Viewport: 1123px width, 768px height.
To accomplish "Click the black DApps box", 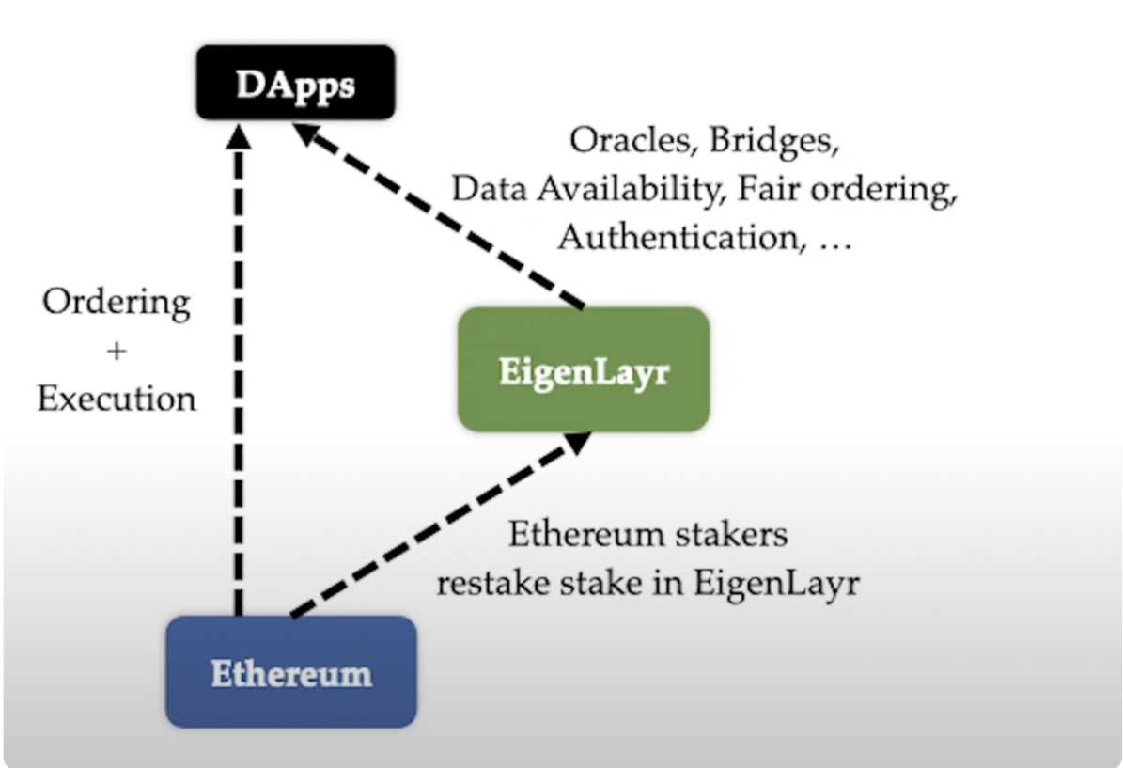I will pyautogui.click(x=295, y=83).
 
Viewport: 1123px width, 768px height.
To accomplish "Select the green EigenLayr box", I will pyautogui.click(x=583, y=369).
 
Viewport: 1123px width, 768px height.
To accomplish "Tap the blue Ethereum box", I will pyautogui.click(x=290, y=672).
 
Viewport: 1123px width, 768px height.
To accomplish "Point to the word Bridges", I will pyautogui.click(x=773, y=141).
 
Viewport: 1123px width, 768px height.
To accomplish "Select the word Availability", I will pyautogui.click(x=629, y=189).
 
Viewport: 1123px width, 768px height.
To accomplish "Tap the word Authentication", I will pyautogui.click(x=676, y=236).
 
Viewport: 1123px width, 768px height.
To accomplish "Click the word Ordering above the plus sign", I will pyautogui.click(x=117, y=303).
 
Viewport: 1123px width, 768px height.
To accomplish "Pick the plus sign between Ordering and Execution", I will pyautogui.click(x=117, y=351).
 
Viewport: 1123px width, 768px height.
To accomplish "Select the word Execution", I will pyautogui.click(x=117, y=399).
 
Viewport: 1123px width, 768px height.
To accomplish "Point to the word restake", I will pyautogui.click(x=493, y=583).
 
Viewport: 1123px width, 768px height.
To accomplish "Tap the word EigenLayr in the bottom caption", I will pyautogui.click(x=777, y=583).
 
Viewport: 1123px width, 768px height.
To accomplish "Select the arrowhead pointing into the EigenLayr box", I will pyautogui.click(x=575, y=443).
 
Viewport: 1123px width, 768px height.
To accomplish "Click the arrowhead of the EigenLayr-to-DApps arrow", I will pyautogui.click(x=310, y=139).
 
